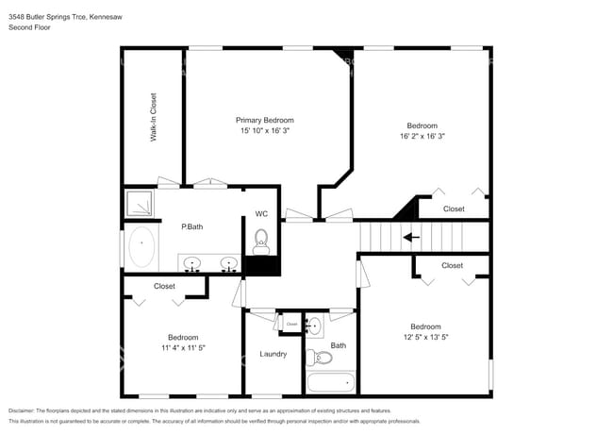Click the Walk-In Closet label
(x=154, y=117)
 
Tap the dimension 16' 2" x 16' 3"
(x=422, y=137)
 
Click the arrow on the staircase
(x=411, y=238)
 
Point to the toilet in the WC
(x=261, y=240)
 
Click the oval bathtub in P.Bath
(x=142, y=247)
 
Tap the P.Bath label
(x=192, y=226)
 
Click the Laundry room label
(x=273, y=354)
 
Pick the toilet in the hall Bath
(x=323, y=358)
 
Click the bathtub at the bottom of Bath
(x=330, y=382)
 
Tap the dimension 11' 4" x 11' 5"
(x=183, y=348)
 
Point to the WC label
(x=261, y=214)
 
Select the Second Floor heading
(x=30, y=27)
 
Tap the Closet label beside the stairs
(x=454, y=209)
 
